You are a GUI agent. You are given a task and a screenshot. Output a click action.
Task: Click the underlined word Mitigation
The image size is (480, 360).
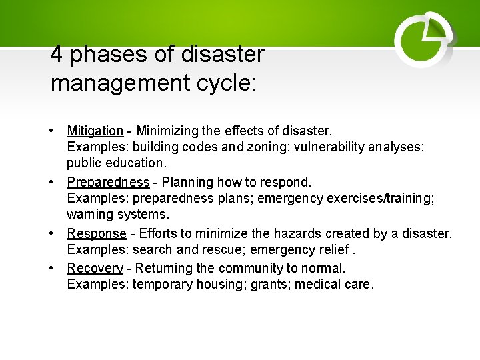tap(95, 131)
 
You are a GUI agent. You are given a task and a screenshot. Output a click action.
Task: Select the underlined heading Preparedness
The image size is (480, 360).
tap(108, 182)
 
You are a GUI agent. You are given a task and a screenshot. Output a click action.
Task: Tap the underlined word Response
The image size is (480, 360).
tap(96, 233)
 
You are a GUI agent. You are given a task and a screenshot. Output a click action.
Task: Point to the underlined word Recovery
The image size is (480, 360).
tap(95, 268)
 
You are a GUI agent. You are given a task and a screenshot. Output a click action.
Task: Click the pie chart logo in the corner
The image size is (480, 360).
tap(423, 41)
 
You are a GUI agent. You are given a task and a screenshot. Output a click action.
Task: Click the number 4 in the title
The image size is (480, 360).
tap(57, 55)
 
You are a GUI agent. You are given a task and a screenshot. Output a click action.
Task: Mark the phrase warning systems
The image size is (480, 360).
tap(118, 215)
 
